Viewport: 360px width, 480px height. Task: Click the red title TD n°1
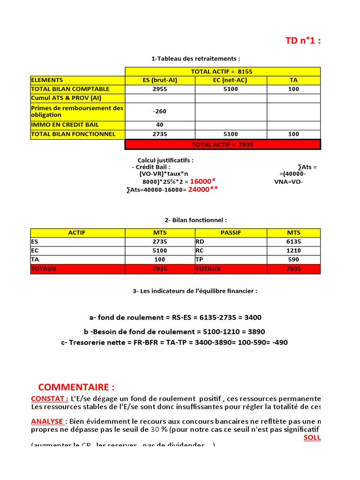pyautogui.click(x=303, y=40)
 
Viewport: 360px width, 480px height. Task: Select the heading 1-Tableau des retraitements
pyautogui.click(x=195, y=59)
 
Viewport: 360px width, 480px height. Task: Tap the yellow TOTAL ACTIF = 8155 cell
pyautogui.click(x=222, y=71)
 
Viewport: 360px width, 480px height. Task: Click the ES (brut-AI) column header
pyautogui.click(x=160, y=80)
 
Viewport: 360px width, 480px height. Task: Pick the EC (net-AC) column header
pyautogui.click(x=231, y=80)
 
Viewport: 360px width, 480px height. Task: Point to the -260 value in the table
pyautogui.click(x=160, y=112)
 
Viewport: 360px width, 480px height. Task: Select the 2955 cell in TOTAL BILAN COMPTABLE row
pyautogui.click(x=160, y=89)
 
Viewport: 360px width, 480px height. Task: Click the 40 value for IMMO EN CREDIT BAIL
pyautogui.click(x=160, y=125)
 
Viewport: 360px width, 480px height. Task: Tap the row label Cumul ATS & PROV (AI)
pyautogui.click(x=66, y=98)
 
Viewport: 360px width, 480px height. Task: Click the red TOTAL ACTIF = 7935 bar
pyautogui.click(x=223, y=145)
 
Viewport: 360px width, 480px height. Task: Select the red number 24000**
pyautogui.click(x=202, y=189)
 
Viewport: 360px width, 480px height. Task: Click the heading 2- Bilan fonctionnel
pyautogui.click(x=195, y=220)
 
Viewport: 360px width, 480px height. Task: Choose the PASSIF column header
pyautogui.click(x=231, y=233)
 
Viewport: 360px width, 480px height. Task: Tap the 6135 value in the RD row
pyautogui.click(x=294, y=242)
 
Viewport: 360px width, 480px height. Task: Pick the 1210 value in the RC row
pyautogui.click(x=294, y=251)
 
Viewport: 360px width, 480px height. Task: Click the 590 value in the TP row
pyautogui.click(x=294, y=260)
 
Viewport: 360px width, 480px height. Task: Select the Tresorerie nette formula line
pyautogui.click(x=174, y=343)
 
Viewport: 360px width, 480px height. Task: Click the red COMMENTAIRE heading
pyautogui.click(x=76, y=387)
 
